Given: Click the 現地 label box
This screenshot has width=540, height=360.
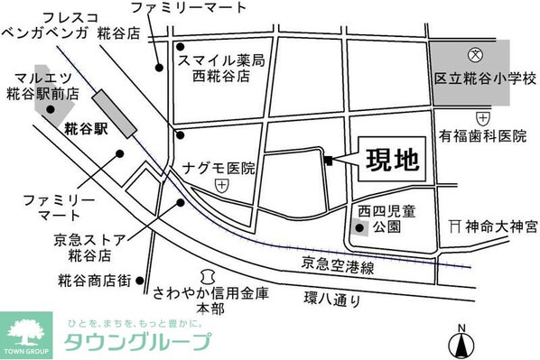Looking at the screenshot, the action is click(x=392, y=161).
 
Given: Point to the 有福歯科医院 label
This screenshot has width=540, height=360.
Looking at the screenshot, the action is click(x=482, y=136).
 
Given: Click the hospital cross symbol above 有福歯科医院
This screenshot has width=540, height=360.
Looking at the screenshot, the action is click(x=482, y=117).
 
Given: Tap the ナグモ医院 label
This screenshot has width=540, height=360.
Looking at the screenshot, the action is click(x=219, y=168).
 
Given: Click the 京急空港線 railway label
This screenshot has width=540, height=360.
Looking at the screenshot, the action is click(x=338, y=265).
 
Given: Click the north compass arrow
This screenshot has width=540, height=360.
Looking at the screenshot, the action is click(x=461, y=342).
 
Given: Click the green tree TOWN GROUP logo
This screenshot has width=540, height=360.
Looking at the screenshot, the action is click(x=27, y=331).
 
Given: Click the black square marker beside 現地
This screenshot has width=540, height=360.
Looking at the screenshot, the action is click(x=329, y=161).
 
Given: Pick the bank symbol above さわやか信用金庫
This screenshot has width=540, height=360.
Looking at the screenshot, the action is click(x=209, y=274).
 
